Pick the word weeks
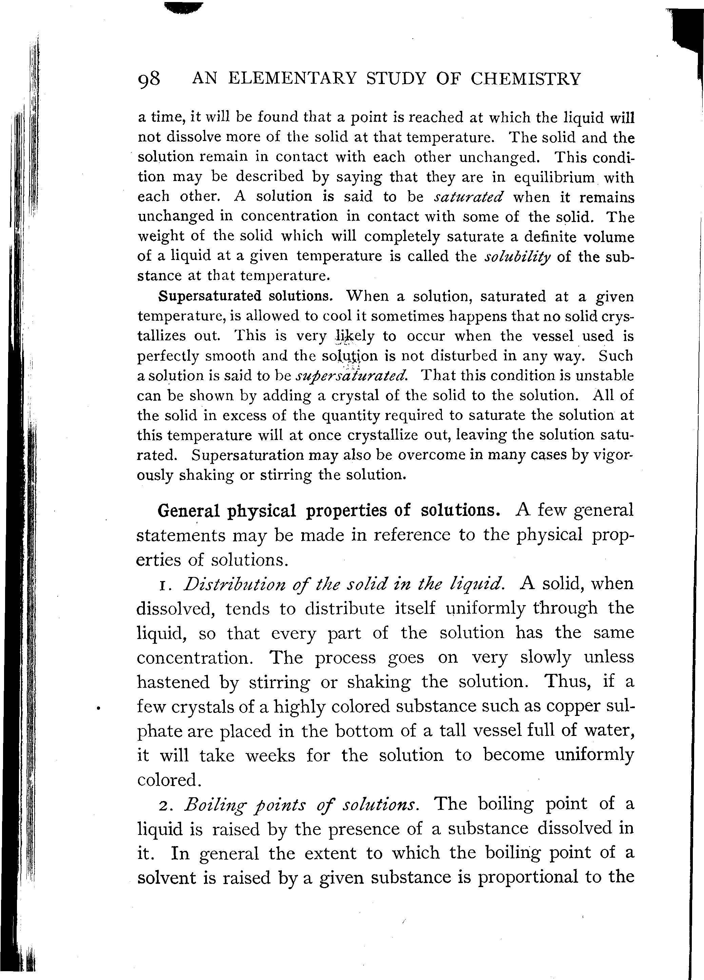[x=270, y=756]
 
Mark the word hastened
[x=173, y=682]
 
